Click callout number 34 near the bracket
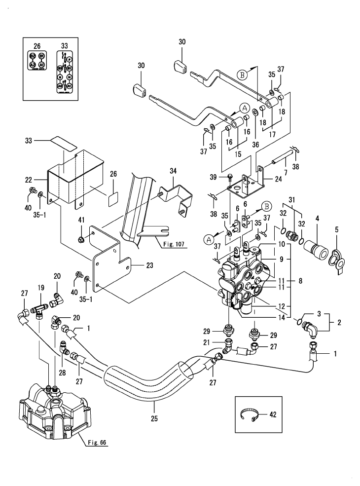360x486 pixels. [x=173, y=171]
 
